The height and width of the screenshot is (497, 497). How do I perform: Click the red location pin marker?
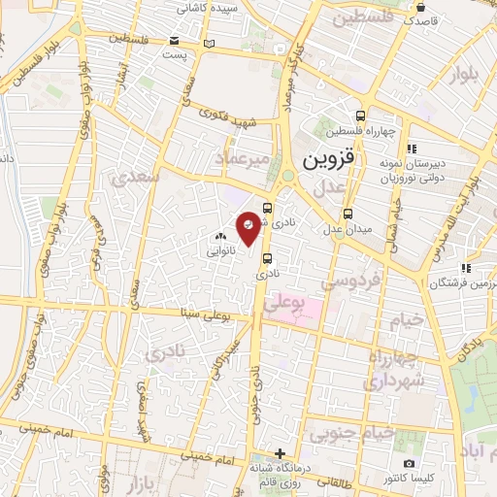(248, 228)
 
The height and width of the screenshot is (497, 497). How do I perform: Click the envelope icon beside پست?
(175, 41)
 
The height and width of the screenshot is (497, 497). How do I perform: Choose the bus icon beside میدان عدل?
(348, 214)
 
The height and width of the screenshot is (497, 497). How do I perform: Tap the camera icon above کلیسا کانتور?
(409, 464)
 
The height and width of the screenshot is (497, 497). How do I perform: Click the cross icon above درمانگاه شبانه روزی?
(280, 453)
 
